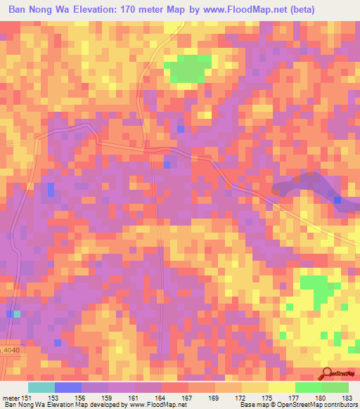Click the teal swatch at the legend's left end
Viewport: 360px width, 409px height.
point(41,387)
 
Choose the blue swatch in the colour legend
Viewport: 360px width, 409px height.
point(68,387)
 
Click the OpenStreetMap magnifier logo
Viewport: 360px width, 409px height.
point(327,373)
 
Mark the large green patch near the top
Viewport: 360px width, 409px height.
point(188,68)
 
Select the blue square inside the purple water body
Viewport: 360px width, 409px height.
point(338,200)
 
